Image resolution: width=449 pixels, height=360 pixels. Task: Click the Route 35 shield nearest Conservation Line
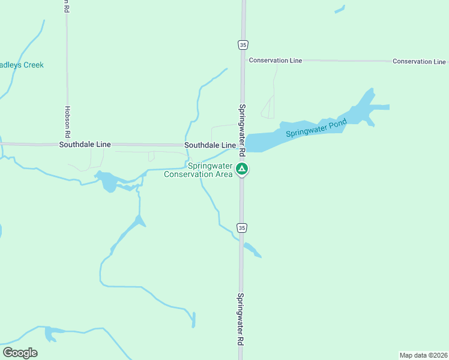click(242, 45)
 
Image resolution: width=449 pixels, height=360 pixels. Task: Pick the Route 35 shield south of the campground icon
click(241, 228)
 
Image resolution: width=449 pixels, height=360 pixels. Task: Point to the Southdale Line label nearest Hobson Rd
click(85, 145)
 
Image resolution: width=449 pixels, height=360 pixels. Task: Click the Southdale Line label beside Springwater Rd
click(210, 145)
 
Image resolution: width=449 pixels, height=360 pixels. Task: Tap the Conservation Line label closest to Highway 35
click(276, 61)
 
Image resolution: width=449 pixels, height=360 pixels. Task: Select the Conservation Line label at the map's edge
click(419, 61)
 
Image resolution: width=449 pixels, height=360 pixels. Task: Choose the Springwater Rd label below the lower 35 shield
click(240, 319)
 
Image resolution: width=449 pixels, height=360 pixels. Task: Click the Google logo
click(20, 353)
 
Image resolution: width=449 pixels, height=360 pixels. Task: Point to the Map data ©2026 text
click(423, 355)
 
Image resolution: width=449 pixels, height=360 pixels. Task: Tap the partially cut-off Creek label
click(22, 65)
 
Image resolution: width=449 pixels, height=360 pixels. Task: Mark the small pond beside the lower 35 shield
click(252, 249)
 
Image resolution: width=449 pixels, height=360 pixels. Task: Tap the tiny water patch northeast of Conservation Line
click(340, 10)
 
